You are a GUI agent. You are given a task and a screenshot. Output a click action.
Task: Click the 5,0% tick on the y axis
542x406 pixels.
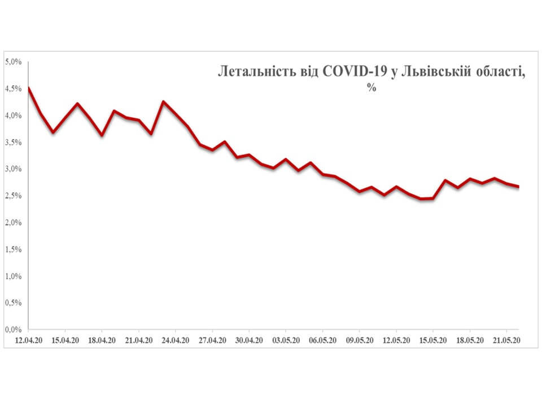pos(13,61)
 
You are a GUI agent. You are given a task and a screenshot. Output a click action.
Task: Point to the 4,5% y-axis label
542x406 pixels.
pos(13,89)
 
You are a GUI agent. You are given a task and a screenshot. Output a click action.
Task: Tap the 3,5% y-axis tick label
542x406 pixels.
pos(13,142)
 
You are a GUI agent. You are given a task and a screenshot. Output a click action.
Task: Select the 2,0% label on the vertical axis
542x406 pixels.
pos(13,223)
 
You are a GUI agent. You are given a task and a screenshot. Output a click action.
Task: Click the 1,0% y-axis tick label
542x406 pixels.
pos(13,276)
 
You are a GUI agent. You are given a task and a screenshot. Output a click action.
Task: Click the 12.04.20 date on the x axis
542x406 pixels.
pos(28,341)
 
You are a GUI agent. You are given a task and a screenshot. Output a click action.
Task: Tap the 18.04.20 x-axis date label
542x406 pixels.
pos(102,341)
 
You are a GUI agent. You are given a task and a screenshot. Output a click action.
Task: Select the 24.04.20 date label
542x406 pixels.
pos(176,341)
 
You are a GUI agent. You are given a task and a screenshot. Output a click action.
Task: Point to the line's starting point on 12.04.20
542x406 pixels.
pos(28,87)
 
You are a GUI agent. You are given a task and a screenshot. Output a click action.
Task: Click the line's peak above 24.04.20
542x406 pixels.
pos(163,101)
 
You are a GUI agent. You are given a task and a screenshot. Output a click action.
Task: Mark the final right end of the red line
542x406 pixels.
pos(518,187)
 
